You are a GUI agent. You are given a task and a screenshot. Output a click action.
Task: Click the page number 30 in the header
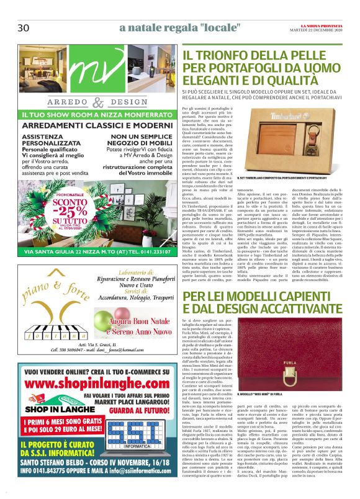(x=24, y=28)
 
